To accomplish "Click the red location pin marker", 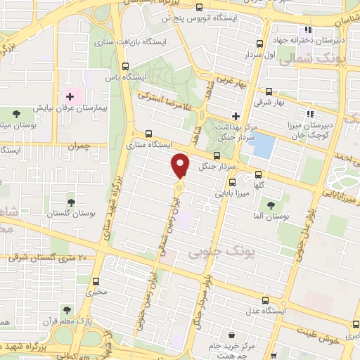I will (x=180, y=165).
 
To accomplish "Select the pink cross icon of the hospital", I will (x=70, y=96).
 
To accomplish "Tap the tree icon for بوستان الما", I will (x=271, y=205).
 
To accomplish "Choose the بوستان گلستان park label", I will (x=72, y=212).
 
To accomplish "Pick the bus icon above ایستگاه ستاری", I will (x=148, y=134).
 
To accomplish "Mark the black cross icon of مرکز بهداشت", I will (x=236, y=116).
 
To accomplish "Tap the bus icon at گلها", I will (x=258, y=174).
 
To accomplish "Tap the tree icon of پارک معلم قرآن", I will (x=66, y=309).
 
